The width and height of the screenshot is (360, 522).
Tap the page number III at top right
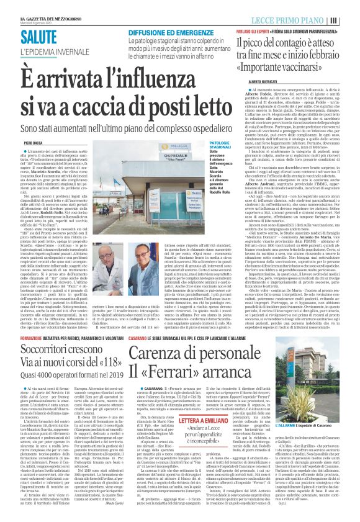coord(351,19)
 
